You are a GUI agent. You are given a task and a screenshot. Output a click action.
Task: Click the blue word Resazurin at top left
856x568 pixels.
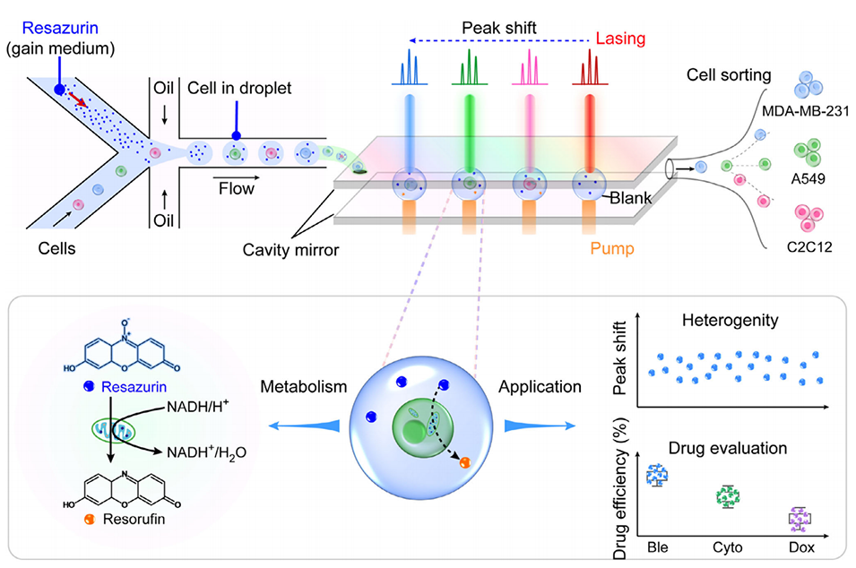60,27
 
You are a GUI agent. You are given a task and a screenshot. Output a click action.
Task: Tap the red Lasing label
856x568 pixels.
620,39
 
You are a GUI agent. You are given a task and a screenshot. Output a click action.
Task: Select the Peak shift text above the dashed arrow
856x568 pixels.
499,28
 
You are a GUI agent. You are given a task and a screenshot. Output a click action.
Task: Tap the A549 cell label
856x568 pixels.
808,178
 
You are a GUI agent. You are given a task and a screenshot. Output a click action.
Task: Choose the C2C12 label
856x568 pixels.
809,247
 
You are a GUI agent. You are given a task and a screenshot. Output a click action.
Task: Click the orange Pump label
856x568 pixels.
612,249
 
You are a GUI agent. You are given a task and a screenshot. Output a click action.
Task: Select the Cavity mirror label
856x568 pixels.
290,250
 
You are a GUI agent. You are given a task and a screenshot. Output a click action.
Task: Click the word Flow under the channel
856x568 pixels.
237,189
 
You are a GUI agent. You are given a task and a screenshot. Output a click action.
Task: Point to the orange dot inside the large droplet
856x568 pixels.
464,462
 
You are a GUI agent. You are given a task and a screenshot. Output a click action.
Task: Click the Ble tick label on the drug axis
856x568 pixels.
657,547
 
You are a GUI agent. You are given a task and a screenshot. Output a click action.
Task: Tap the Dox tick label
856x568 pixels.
801,547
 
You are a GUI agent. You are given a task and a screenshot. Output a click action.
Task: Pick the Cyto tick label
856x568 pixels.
728,547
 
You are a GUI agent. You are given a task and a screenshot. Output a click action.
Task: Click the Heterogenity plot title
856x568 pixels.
730,321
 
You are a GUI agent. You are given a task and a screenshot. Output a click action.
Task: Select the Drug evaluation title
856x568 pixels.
728,449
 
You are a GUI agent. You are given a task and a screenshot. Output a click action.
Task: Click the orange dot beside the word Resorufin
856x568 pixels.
90,519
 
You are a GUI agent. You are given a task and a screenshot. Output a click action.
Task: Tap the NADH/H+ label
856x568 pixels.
197,407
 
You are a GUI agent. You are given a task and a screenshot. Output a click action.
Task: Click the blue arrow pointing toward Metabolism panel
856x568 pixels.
304,426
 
